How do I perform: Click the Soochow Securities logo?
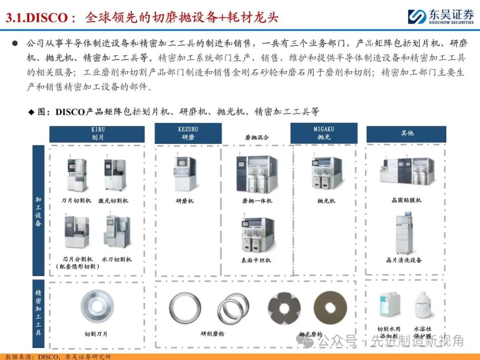441,16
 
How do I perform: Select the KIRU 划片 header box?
97,134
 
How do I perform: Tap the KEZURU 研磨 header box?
188,133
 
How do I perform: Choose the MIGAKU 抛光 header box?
324,133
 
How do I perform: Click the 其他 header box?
406,134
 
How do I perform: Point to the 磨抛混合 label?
257,137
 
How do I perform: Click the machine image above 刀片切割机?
76,174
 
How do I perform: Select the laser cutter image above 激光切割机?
115,174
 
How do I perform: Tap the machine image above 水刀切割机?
116,232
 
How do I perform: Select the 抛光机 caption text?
326,201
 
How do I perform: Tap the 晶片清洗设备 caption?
404,260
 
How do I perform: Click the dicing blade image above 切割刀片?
97,306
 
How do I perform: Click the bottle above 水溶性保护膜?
423,305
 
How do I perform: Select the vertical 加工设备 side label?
38,211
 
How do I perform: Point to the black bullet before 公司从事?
15,43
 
